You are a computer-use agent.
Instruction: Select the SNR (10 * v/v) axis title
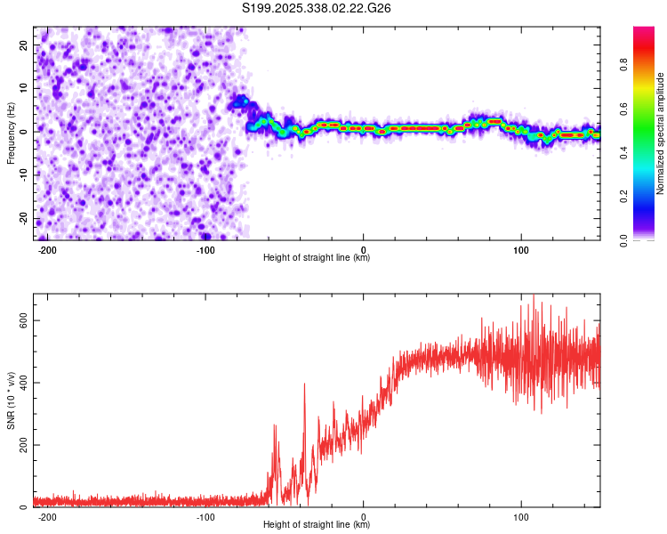coord(11,400)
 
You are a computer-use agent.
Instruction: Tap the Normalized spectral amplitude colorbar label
coord(661,133)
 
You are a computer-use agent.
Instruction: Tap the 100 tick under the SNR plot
coord(521,516)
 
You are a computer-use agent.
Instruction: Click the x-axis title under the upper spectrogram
coord(317,258)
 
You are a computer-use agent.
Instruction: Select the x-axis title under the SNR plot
coord(317,525)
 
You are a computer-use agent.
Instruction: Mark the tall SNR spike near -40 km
coord(304,384)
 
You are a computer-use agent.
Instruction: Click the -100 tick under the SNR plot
coord(205,516)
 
